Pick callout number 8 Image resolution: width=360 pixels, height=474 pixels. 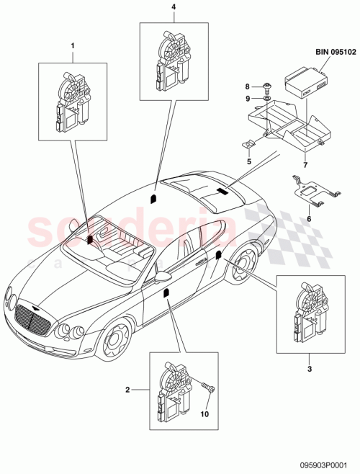point(268,86)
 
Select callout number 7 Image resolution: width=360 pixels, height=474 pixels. point(305,164)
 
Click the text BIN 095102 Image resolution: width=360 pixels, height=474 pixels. point(334,52)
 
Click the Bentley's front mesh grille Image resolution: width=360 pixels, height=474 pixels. point(34,318)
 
